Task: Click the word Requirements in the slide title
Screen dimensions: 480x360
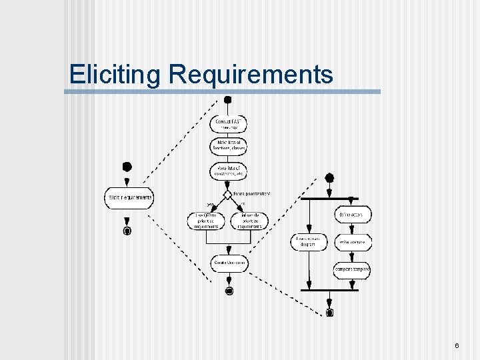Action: pyautogui.click(x=251, y=74)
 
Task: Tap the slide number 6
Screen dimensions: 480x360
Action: pyautogui.click(x=457, y=345)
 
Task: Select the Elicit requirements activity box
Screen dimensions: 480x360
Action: pyautogui.click(x=129, y=197)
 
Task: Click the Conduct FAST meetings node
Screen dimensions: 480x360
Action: pyautogui.click(x=228, y=124)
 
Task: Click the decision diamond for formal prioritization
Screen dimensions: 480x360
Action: pyautogui.click(x=227, y=195)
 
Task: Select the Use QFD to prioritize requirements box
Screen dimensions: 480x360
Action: pyautogui.click(x=206, y=221)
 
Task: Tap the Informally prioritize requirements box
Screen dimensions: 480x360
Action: pyautogui.click(x=249, y=221)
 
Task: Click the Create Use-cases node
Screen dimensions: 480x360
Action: pyautogui.click(x=228, y=263)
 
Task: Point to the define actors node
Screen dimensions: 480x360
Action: pyautogui.click(x=353, y=215)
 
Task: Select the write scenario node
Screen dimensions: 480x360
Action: pyautogui.click(x=353, y=242)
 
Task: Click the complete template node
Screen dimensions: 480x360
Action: pyautogui.click(x=352, y=270)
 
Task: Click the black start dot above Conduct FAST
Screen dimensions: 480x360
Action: pyautogui.click(x=227, y=100)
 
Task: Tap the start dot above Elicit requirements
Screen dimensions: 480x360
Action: pyautogui.click(x=127, y=167)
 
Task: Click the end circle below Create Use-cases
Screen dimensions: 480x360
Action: pyautogui.click(x=229, y=291)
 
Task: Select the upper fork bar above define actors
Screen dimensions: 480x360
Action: pyautogui.click(x=329, y=198)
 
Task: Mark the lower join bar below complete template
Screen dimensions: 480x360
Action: pyautogui.click(x=329, y=290)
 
